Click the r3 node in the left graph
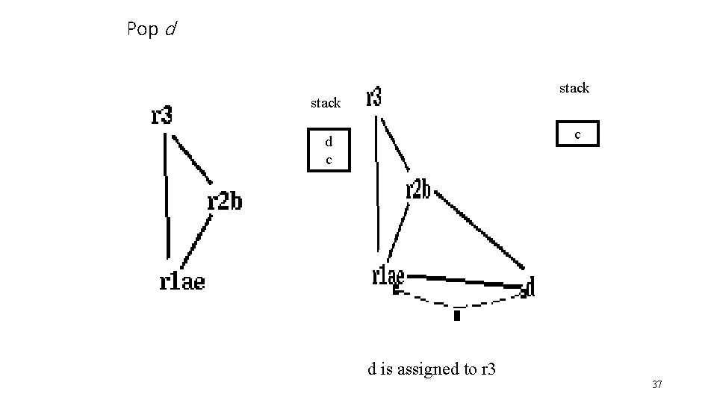coord(162,116)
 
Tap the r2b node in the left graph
coord(224,201)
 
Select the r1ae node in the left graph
coord(181,281)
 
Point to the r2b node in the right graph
coord(418,190)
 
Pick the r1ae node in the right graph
coord(388,275)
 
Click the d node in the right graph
coord(529,287)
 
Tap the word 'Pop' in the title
coord(142,29)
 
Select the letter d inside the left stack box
coord(328,142)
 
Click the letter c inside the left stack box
coord(328,159)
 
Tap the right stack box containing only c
coord(577,134)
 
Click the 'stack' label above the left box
coord(326,103)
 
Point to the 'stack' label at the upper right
coord(574,88)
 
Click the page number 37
coord(657,384)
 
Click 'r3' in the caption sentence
coord(488,369)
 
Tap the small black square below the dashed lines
coord(457,315)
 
